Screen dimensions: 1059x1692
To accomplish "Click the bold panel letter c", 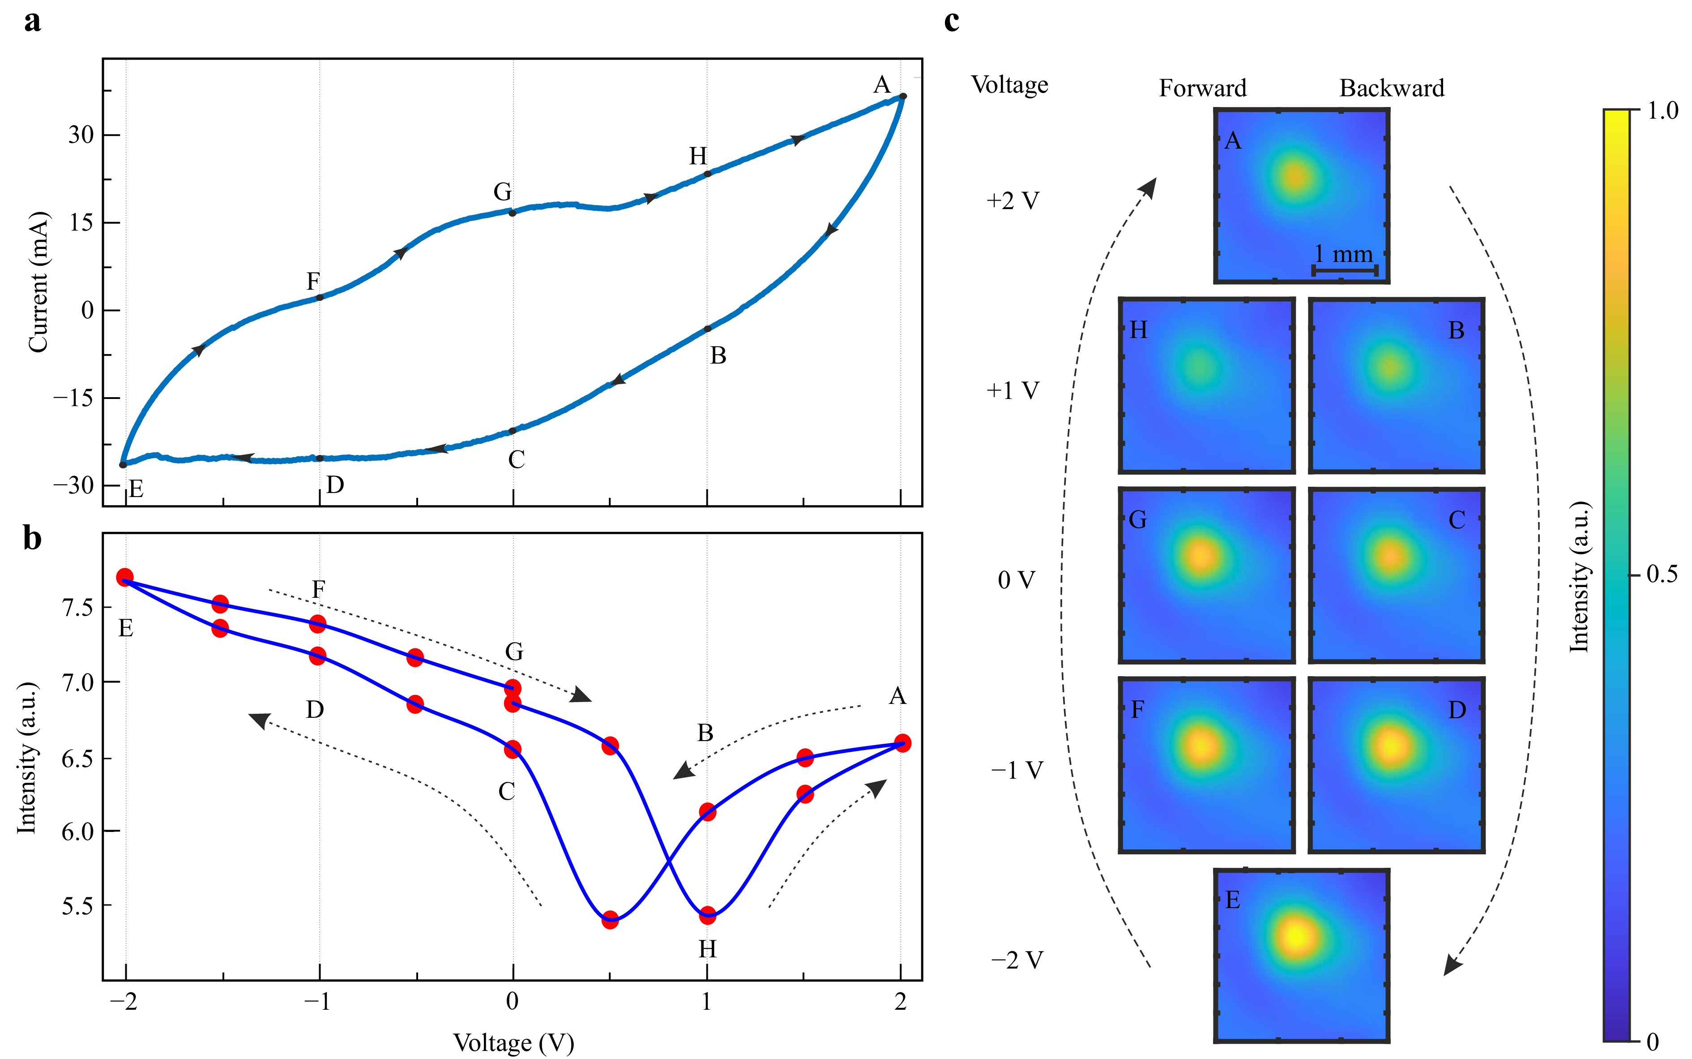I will (951, 21).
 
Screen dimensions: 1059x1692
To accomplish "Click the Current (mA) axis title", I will (38, 282).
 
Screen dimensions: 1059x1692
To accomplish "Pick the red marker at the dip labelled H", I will (707, 915).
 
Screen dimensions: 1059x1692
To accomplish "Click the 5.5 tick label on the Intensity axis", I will (77, 905).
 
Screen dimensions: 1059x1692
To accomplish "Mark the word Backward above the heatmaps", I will (1391, 88).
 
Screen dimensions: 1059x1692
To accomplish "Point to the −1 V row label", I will (1017, 771).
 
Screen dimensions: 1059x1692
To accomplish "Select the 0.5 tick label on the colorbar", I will (1661, 575).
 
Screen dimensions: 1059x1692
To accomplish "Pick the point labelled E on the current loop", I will (123, 464).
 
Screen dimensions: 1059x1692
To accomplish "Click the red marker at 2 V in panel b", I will (902, 744).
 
